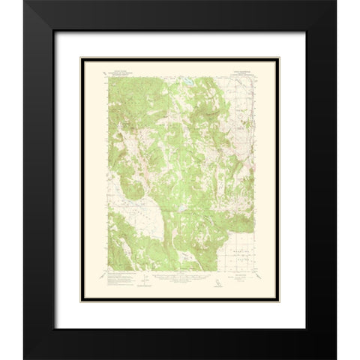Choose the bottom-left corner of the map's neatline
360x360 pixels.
108,275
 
